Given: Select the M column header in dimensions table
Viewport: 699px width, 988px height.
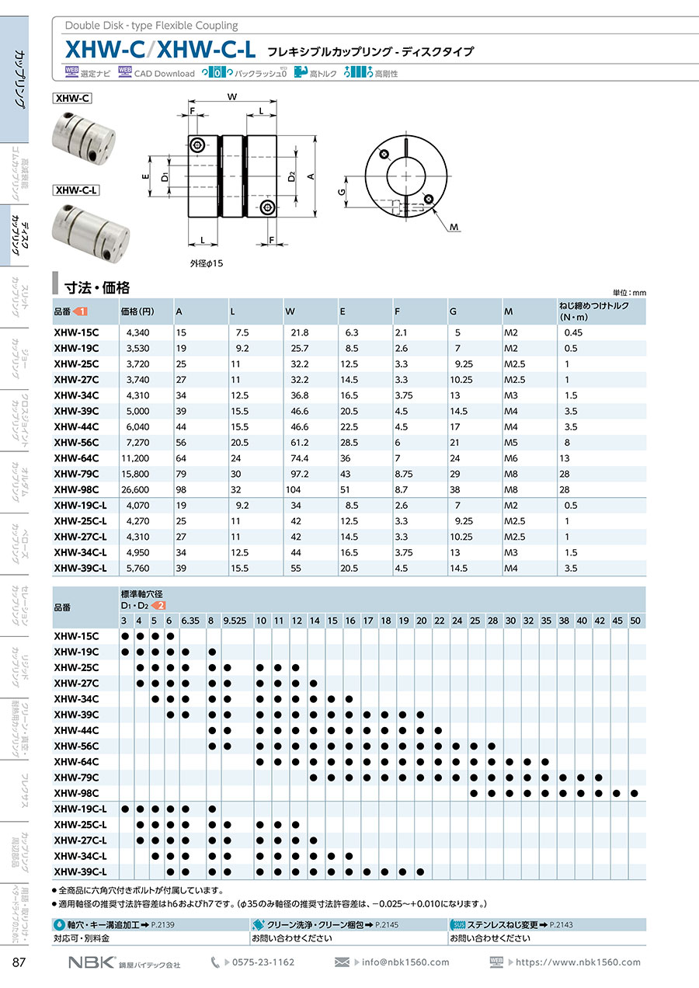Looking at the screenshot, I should click(x=509, y=311).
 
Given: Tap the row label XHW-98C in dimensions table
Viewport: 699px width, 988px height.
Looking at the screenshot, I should click(x=76, y=489).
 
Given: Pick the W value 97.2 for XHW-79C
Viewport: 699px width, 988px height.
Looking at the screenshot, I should click(x=299, y=474).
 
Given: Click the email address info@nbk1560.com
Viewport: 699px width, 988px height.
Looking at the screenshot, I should click(x=405, y=962).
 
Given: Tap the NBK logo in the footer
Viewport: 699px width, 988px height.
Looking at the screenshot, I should click(x=92, y=962).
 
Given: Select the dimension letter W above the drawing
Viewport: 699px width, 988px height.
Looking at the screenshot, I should click(x=232, y=97).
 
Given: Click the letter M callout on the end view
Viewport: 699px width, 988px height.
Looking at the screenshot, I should click(x=454, y=227).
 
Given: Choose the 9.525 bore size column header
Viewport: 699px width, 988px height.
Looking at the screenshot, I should click(x=234, y=621).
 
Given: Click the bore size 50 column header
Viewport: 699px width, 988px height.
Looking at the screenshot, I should click(x=635, y=621).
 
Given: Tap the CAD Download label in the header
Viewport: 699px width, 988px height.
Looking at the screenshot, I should click(x=164, y=74).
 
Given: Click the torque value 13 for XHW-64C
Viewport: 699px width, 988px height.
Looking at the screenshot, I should click(x=565, y=457).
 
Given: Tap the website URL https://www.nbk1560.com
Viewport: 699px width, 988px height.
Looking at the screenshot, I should click(x=578, y=962).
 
